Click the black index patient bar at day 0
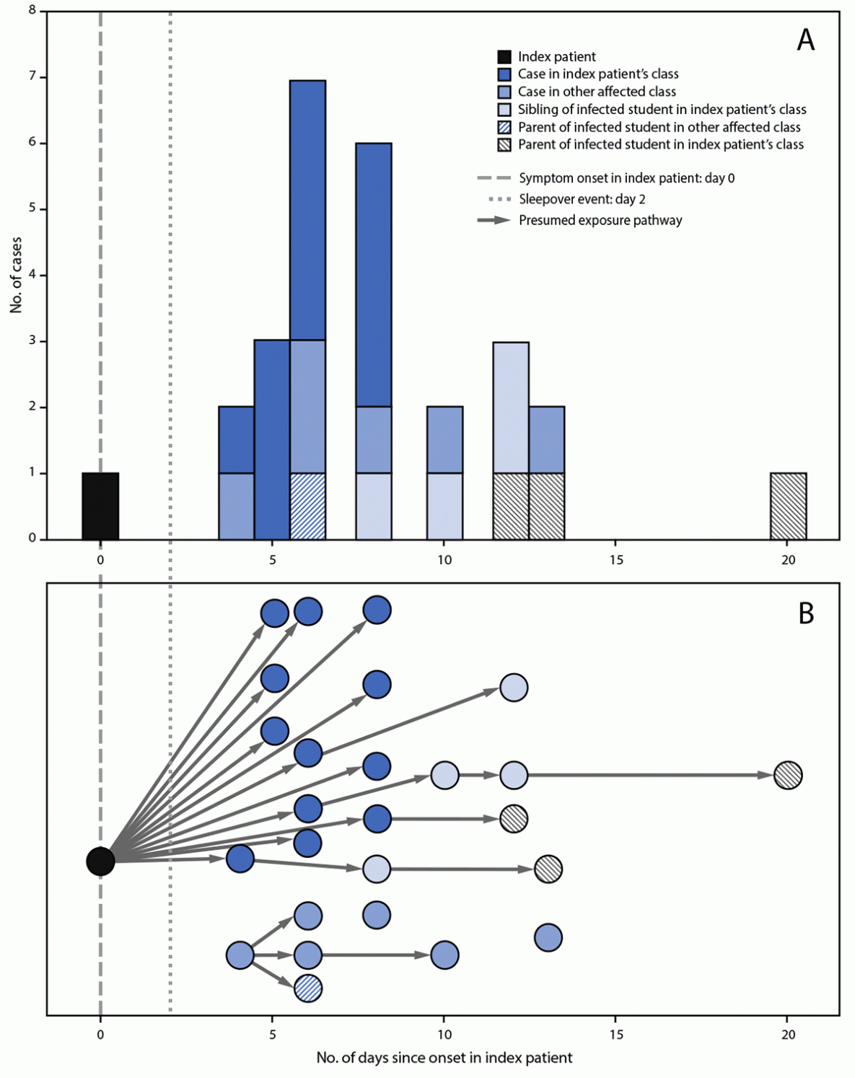coord(100,506)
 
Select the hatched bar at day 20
coord(788,506)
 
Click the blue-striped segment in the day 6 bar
coord(307,506)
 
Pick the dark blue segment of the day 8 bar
coord(374,274)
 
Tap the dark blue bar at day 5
coord(272,439)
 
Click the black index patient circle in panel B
coord(100,860)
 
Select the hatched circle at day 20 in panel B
coord(788,775)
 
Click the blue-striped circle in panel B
coord(308,988)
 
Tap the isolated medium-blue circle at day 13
coord(548,937)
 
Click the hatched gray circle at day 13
coord(548,869)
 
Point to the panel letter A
coord(805,40)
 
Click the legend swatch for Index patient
coord(505,56)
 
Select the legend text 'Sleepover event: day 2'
coord(582,199)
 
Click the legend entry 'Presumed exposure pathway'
coord(600,220)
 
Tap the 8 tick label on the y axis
coord(32,11)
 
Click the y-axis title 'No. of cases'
coord(16,275)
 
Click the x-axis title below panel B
coord(444,1058)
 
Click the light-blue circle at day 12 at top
coord(514,688)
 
